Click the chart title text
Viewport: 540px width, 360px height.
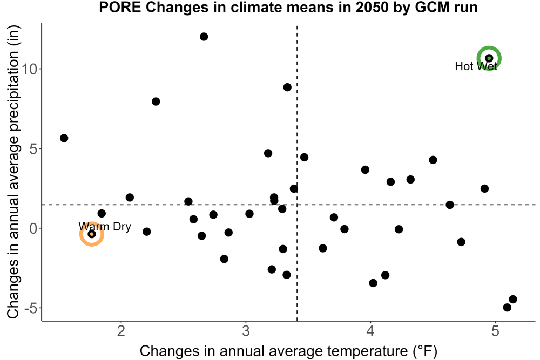[288, 7]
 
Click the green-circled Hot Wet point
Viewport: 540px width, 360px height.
[489, 58]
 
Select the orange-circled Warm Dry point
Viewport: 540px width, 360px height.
[92, 234]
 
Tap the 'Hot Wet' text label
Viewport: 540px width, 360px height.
[476, 66]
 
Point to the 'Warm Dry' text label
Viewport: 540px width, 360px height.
[105, 227]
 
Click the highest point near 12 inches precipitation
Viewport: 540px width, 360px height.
[204, 37]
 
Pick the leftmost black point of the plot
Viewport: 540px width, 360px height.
[64, 138]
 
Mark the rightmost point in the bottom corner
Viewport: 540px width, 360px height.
[513, 299]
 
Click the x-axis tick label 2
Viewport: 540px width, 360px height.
[121, 331]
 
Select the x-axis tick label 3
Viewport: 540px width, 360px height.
[246, 331]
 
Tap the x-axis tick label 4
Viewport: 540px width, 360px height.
[370, 331]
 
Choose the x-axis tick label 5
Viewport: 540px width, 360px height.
[495, 331]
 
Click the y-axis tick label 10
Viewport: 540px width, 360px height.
[29, 69]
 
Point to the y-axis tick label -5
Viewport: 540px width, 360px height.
[31, 308]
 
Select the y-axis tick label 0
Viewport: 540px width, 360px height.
[33, 228]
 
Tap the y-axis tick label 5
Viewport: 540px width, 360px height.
[33, 148]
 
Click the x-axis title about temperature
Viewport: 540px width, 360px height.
[288, 351]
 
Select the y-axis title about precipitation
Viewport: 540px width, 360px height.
[13, 172]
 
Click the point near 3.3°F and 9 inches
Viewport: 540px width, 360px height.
[287, 87]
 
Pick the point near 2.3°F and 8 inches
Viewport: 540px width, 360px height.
[156, 101]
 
